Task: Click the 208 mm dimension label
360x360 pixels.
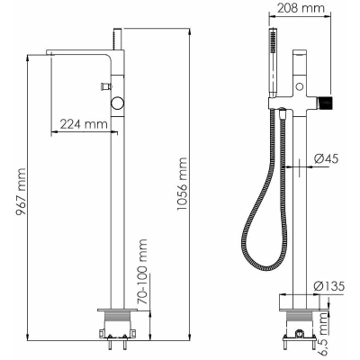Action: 301,8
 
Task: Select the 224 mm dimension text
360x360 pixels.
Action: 84,123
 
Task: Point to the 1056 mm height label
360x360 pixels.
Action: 182,184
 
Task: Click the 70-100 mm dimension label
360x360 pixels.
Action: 143,272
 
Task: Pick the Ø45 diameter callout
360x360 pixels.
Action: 327,158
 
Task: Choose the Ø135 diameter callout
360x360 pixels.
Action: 328,286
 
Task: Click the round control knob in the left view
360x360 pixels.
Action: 117,103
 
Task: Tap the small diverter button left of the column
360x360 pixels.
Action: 106,86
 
